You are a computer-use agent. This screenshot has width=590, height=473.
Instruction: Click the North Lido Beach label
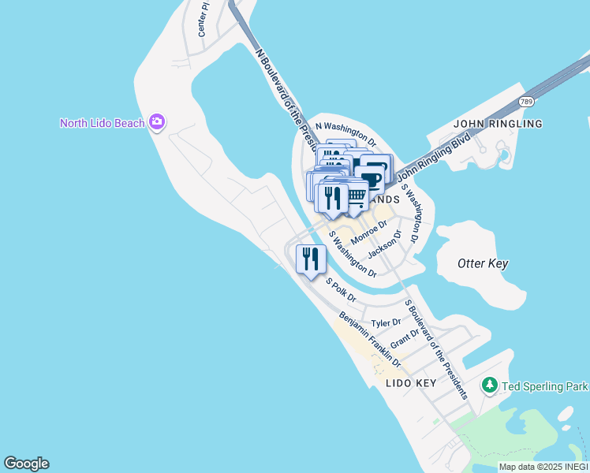point(103,122)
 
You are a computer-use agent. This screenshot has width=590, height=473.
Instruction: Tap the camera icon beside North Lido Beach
point(157,121)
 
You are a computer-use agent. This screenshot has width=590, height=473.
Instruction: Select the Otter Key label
point(483,264)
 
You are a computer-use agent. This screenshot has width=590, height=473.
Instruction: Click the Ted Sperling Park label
point(544,386)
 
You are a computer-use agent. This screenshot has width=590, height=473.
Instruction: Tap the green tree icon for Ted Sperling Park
point(490,385)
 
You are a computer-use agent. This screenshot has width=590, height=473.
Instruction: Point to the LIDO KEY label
point(411,383)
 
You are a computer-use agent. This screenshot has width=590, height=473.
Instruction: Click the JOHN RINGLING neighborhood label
point(497,124)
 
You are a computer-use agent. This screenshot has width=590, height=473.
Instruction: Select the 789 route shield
point(527,102)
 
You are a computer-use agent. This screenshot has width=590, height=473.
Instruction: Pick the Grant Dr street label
point(405,337)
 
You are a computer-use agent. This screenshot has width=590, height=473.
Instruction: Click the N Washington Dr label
point(345,132)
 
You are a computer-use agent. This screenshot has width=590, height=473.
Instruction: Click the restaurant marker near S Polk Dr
point(311,259)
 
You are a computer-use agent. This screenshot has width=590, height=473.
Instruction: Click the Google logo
point(27,464)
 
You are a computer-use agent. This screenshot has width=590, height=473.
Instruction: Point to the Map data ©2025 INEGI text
point(543,467)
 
